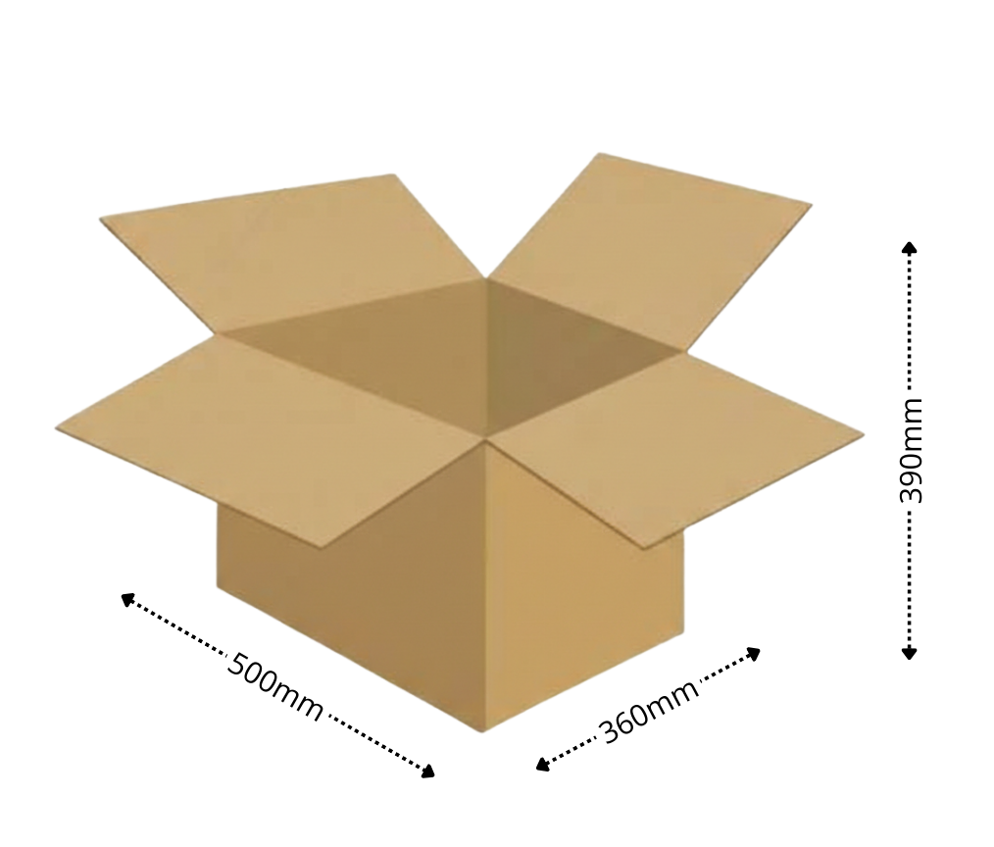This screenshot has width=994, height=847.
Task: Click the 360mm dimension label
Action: (649, 710)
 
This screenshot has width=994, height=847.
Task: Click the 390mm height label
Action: (911, 450)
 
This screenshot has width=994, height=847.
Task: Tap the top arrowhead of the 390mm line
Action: (910, 246)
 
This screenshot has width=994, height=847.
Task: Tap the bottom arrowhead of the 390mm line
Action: (910, 652)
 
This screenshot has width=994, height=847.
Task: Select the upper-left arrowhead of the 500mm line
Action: (126, 598)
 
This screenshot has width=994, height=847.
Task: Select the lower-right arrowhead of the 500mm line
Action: (428, 772)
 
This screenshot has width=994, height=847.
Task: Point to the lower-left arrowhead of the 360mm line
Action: (542, 766)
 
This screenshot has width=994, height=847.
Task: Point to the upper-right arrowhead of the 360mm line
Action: (754, 652)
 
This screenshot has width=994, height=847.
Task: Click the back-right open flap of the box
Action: (647, 245)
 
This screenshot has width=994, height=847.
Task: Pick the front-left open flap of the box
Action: (265, 431)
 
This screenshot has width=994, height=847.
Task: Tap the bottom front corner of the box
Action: (483, 730)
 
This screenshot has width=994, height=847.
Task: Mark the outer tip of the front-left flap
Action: (57, 427)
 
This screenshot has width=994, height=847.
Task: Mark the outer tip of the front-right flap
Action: (863, 434)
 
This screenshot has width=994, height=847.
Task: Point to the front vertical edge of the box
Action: (485, 588)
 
